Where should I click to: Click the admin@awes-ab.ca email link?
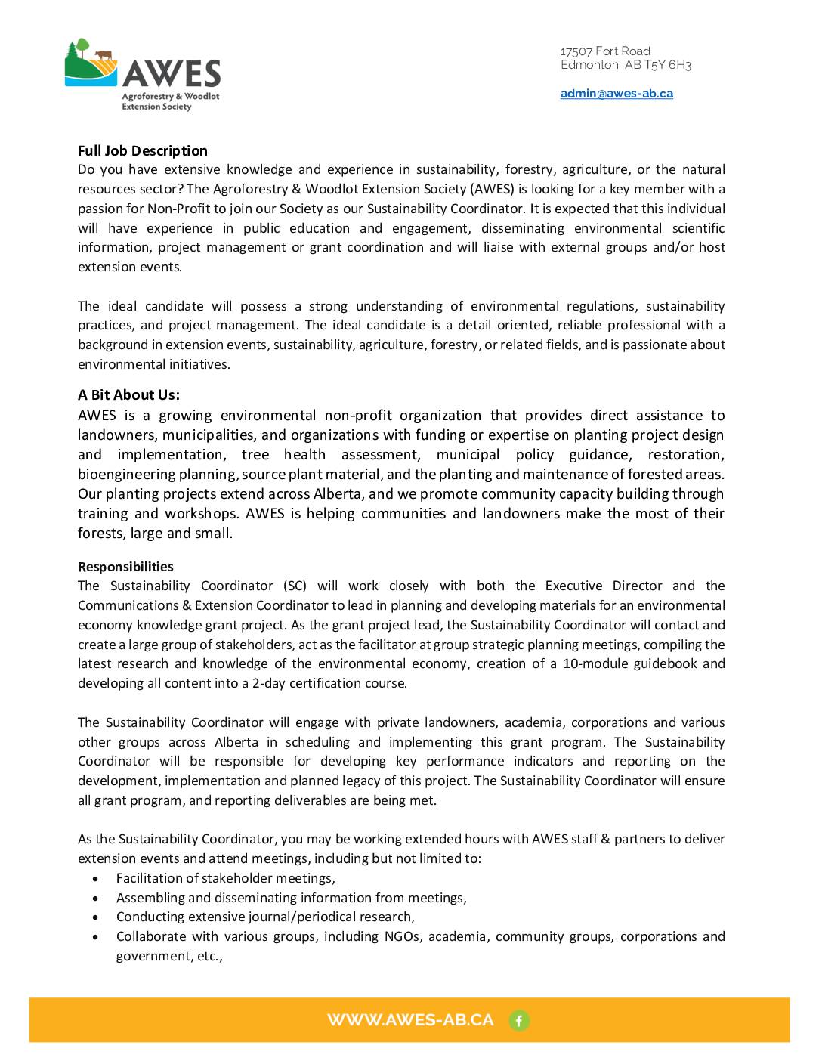[616, 94]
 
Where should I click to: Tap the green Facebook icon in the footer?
[519, 1021]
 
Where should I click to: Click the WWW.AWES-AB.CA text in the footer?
[410, 1020]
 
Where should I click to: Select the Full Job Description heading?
[142, 150]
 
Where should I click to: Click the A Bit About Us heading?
[128, 394]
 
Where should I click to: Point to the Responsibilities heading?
[125, 567]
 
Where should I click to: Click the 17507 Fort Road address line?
[605, 51]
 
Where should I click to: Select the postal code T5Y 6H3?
[668, 65]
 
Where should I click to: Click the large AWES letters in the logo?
[172, 74]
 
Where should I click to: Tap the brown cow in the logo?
[103, 55]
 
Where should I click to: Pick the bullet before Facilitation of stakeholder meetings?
[95, 879]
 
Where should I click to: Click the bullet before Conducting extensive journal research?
[95, 917]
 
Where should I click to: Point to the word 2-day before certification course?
[267, 683]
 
